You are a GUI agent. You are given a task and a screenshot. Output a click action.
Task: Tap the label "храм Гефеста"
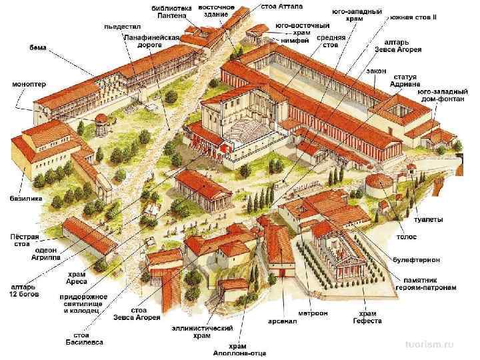(x=368, y=317)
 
